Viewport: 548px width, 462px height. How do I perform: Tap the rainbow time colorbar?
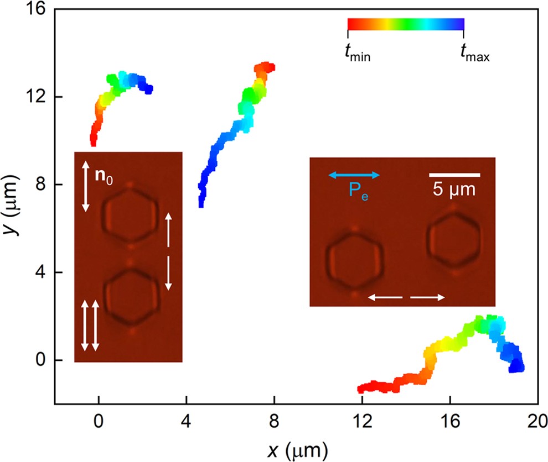click(405, 23)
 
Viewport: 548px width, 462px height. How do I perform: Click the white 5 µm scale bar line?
click(454, 175)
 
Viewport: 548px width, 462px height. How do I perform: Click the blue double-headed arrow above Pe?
click(354, 175)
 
